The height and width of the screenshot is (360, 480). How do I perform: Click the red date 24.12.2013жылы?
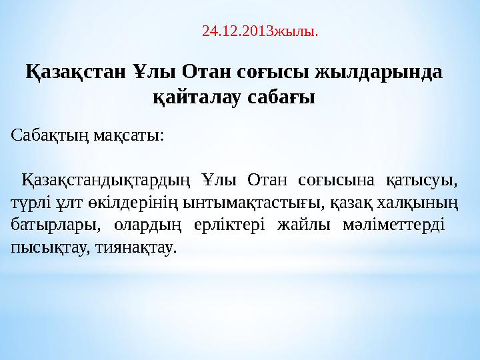point(260,31)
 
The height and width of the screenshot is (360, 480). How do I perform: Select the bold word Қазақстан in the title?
point(75,73)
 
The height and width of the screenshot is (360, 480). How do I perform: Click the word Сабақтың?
point(50,135)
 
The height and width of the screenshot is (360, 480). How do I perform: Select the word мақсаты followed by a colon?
point(129,136)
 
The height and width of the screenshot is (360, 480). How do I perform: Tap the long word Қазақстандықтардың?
point(106,181)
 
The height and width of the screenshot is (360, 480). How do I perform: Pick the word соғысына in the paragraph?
point(336,181)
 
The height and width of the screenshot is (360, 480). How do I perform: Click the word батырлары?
point(56,225)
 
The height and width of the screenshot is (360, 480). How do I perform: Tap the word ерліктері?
point(229,225)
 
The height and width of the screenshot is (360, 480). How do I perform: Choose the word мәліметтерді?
point(394,225)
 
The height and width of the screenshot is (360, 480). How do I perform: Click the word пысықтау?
point(51,248)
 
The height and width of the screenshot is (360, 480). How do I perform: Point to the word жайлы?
point(304,225)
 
